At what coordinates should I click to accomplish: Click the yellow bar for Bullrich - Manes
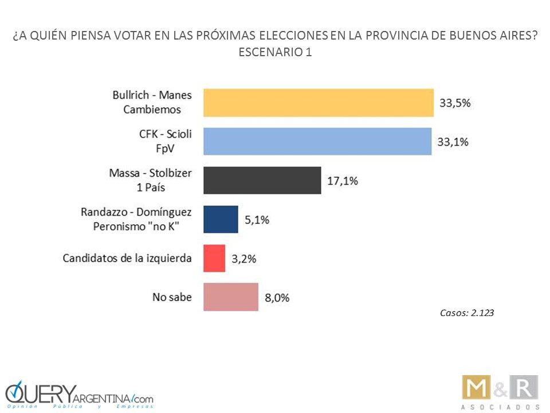click(319, 103)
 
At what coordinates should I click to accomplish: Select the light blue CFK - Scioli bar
click(317, 141)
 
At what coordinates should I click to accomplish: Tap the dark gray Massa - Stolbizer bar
click(262, 180)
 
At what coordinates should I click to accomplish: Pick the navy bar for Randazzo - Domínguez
click(221, 219)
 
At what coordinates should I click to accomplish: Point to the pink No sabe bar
click(231, 297)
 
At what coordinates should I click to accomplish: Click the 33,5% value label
click(455, 103)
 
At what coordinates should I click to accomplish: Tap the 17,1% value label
click(343, 181)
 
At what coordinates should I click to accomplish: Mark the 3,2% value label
click(243, 259)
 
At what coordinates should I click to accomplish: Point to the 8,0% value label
click(277, 297)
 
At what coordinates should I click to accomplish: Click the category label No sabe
click(172, 297)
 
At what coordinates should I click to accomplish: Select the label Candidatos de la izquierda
click(128, 258)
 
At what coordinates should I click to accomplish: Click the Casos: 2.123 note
click(467, 313)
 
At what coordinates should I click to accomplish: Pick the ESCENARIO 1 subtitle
click(275, 52)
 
